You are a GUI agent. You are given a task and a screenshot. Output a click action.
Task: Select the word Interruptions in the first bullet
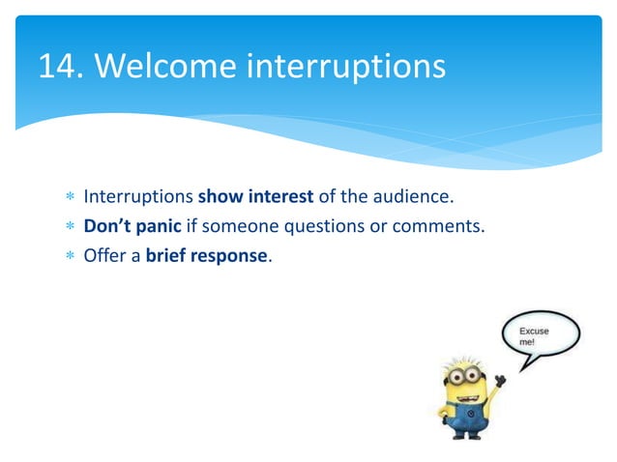[138, 199]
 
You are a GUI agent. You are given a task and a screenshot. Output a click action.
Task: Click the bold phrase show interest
[255, 199]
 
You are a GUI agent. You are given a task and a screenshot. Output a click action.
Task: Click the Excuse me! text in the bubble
[535, 336]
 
